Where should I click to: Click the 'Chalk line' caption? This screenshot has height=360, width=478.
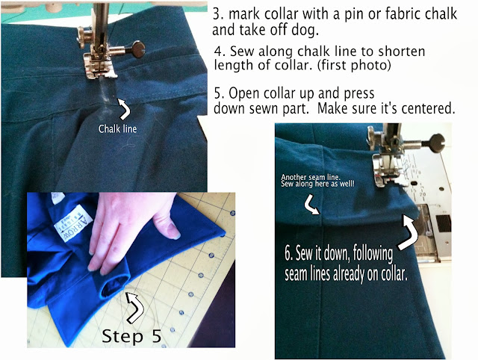(x=117, y=128)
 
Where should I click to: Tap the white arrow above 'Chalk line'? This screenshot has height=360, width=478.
(x=125, y=109)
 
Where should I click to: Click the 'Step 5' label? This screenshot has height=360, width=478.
(x=131, y=336)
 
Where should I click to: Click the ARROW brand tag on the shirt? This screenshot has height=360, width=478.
(x=73, y=223)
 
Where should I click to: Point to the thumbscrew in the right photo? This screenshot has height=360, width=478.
(x=434, y=141)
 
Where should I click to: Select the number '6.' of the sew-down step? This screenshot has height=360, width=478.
(x=289, y=253)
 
